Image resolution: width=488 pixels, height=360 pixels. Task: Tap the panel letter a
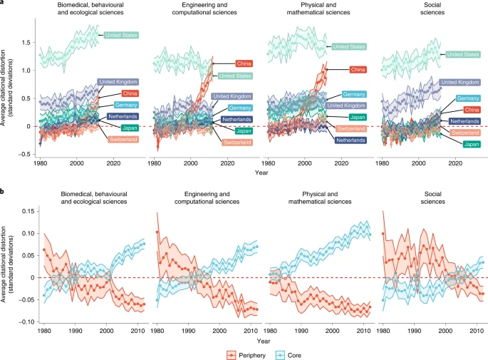pos(3,4)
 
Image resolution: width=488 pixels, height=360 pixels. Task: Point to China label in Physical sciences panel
pos(358,70)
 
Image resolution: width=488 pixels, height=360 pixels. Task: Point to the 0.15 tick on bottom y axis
pos(24,211)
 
